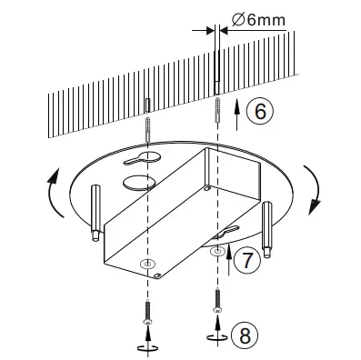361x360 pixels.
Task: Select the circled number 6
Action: click(258, 112)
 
